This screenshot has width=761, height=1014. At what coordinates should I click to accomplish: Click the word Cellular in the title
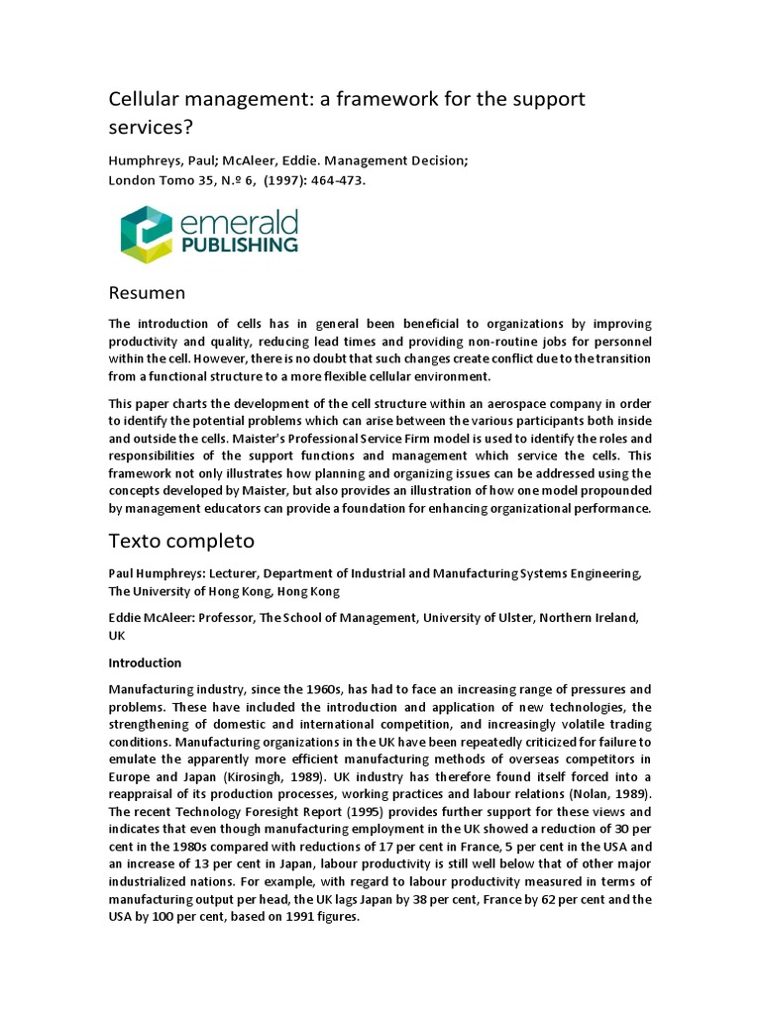142,99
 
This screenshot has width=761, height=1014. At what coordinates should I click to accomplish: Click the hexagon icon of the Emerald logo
146,235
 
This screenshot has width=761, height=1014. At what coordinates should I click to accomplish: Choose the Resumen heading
146,293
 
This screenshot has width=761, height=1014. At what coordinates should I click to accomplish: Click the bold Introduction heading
145,662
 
